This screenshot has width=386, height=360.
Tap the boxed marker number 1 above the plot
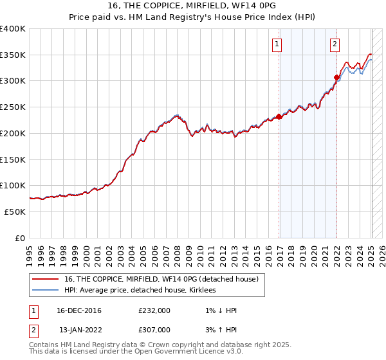pos(277,44)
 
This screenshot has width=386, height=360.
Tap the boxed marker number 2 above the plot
pos(335,44)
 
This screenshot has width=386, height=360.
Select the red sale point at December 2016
pos(279,116)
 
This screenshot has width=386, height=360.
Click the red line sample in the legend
pos(46,279)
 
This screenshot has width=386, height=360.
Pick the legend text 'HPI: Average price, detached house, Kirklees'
pos(140,291)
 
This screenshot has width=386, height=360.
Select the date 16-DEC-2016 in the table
pos(79,310)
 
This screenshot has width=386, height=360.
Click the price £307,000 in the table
pos(154,330)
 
